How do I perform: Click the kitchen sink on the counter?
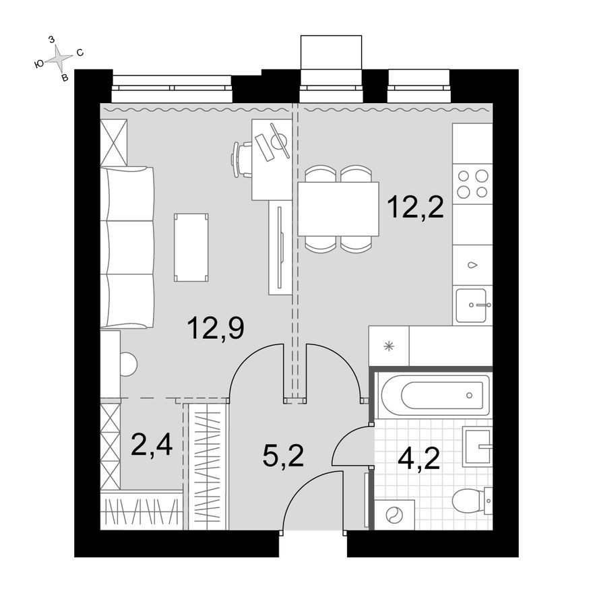click(x=473, y=305)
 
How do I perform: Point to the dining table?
click(x=338, y=209)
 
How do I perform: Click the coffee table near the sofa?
click(x=191, y=247)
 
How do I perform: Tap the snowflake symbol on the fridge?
click(x=388, y=347)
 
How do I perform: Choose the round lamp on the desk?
click(x=279, y=142)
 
